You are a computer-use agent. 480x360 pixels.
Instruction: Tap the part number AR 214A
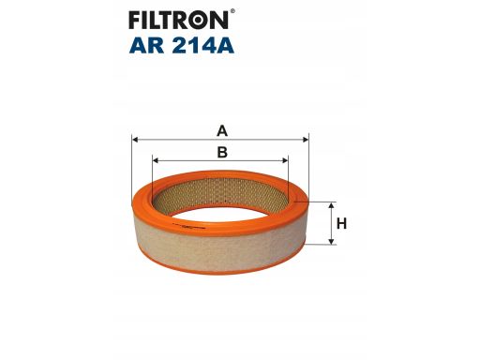coord(182,46)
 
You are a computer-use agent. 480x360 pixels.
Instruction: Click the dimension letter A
coord(222,130)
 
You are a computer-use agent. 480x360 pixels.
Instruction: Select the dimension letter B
coord(222,152)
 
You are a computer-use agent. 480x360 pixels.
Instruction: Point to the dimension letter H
coord(341,224)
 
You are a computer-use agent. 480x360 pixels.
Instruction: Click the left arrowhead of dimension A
coord(135,140)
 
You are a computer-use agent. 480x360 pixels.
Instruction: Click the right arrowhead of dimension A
coord(306,140)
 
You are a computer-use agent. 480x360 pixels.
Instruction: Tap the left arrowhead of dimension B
coord(156,160)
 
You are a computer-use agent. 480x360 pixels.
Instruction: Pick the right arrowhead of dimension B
coord(285,160)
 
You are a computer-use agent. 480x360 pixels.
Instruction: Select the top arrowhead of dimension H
coord(332,205)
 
